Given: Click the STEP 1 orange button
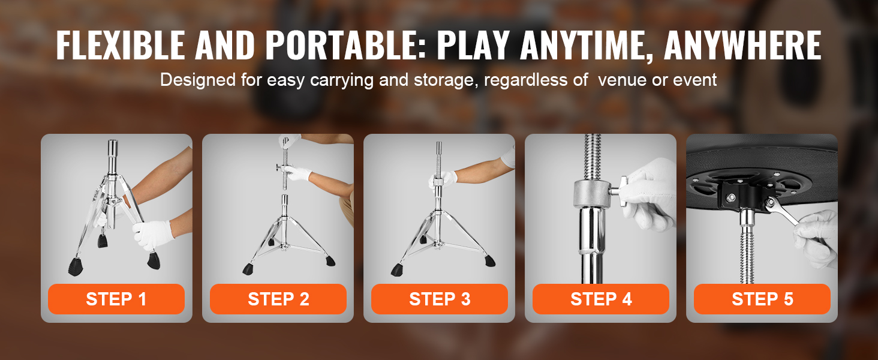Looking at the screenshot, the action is pos(116,299).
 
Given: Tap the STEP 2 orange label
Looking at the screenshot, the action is pos(278,299).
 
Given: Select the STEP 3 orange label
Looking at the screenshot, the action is pos(440,299).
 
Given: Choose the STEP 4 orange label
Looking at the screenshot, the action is pos(601,299).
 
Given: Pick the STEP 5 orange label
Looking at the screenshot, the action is pos(762,299).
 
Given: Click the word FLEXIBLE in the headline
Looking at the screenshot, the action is pos(121,45).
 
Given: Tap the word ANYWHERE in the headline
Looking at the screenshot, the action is pos(743,45).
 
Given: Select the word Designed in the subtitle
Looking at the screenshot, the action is pos(198,80).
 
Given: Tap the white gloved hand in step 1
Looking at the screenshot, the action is pos(154,234).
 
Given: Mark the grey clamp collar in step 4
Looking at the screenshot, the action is pos(593,194).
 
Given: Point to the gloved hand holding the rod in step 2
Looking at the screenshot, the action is pos(297,173).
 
